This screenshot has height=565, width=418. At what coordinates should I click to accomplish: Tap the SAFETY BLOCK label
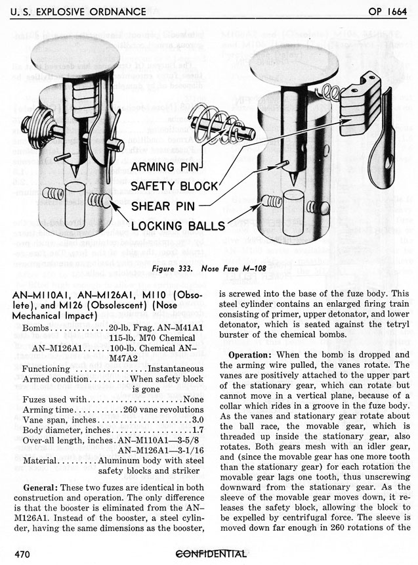tap(173, 186)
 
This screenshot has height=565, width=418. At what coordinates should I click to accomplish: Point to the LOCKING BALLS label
tap(178, 227)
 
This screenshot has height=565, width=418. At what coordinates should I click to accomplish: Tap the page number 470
tap(22, 554)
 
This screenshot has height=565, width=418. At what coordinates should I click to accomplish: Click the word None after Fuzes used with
tap(194, 399)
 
